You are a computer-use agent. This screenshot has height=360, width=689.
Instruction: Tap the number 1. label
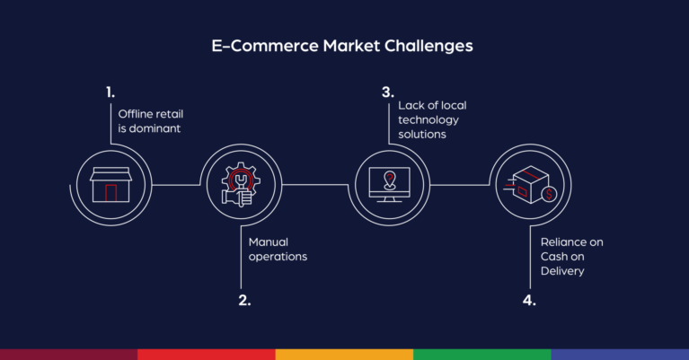tap(110, 92)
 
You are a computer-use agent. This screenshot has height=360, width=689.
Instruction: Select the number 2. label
tap(244, 300)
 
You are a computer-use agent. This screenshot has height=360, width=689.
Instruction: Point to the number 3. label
tap(387, 92)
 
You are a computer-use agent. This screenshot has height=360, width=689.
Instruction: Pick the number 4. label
tap(529, 300)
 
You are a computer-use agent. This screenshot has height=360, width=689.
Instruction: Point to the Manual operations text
tap(278, 249)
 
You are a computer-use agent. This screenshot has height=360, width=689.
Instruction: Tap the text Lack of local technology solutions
tap(432, 119)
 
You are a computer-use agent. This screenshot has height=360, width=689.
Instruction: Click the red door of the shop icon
tap(110, 192)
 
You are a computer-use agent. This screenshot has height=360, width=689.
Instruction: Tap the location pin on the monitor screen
tap(388, 176)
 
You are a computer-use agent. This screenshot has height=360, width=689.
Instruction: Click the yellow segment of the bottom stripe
tap(344, 355)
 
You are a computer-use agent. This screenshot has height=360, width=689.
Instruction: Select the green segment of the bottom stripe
tap(481, 355)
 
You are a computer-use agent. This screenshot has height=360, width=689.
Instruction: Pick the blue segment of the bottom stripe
tap(620, 355)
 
